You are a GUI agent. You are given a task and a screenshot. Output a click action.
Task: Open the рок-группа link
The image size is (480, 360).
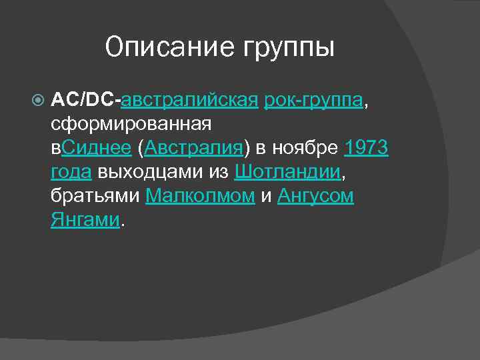[314, 100]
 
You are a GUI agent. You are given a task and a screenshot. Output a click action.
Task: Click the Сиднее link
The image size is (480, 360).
[96, 148]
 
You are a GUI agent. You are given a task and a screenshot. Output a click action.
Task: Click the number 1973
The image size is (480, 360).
[366, 148]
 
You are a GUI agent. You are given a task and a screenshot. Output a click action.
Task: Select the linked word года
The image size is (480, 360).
[71, 172]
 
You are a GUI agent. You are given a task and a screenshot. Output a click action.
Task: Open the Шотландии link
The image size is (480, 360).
[287, 172]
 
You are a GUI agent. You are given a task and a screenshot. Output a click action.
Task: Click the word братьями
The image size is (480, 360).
[95, 196]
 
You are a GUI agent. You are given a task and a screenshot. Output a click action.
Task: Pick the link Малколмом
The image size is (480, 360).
[200, 196]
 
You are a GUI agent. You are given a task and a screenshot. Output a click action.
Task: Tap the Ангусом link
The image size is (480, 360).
[315, 196]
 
